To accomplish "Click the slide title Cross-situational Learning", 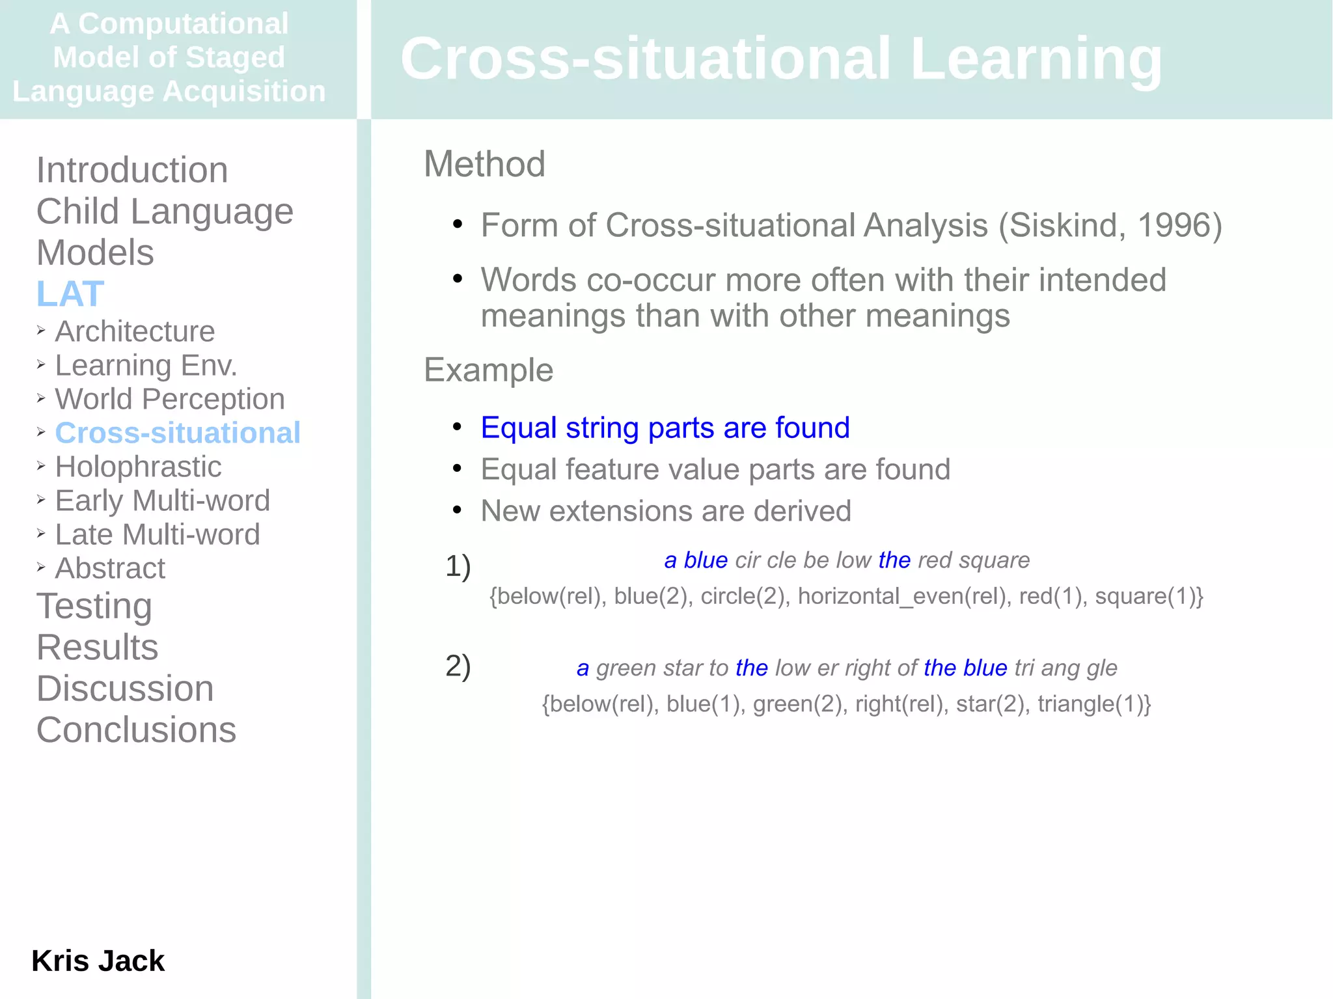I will (x=780, y=59).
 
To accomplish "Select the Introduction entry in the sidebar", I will (x=132, y=170).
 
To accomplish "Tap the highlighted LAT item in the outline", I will (x=70, y=294).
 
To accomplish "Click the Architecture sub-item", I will (x=135, y=331).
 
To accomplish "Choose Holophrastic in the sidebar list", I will (x=138, y=467).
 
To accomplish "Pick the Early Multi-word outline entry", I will (x=162, y=500).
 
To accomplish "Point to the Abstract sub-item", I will (x=110, y=568).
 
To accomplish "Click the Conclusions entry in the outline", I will (x=136, y=730).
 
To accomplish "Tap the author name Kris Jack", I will (x=98, y=961).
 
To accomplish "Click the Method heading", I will (x=484, y=164).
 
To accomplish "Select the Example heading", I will (x=488, y=370).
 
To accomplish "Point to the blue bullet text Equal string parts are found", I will (x=665, y=428).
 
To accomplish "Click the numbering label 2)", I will (x=458, y=666).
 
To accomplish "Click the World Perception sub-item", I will (x=170, y=399).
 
